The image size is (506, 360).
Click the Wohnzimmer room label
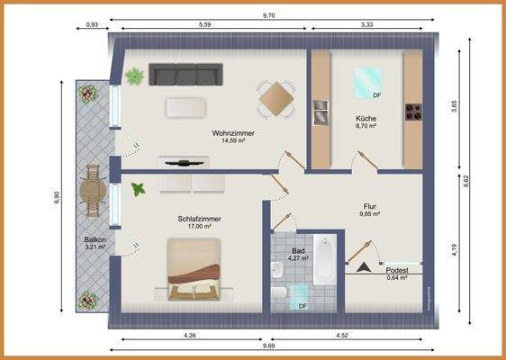click(229, 132)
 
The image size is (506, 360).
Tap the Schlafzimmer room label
click(199, 219)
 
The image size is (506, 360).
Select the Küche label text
click(366, 119)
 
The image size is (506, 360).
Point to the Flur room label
click(369, 204)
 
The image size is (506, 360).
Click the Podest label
click(397, 270)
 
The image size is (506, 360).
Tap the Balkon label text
click(95, 239)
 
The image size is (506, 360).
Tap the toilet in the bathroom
click(280, 294)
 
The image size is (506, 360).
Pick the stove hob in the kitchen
click(413, 112)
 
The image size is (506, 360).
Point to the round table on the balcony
click(92, 190)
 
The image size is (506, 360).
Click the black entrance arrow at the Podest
click(363, 266)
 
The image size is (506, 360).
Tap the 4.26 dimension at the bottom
click(189, 336)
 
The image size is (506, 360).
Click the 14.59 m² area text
click(229, 140)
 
